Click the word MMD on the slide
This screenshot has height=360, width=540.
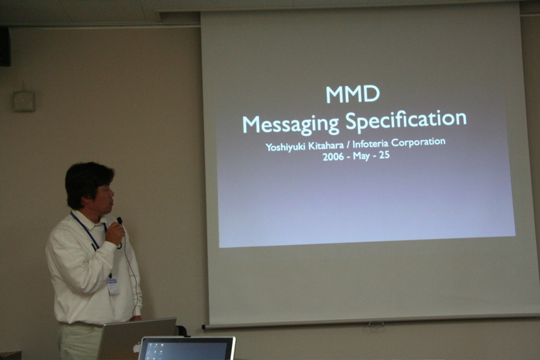pos(353,94)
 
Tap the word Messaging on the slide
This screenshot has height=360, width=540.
pos(290,124)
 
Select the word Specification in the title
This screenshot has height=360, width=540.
pos(406,120)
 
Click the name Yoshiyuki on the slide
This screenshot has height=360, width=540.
pos(285,147)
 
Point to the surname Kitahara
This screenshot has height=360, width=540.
pos(326,146)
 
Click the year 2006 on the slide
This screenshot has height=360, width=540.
pos(333,157)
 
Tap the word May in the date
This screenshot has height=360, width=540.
pos(361,156)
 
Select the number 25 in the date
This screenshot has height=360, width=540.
pos(384,155)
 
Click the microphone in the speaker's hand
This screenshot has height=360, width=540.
pos(120,221)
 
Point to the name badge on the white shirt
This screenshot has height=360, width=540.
pos(113,286)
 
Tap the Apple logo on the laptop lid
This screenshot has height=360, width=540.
pos(136,348)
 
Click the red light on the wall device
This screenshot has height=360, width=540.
pos(23,101)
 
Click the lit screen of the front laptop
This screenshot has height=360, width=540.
pos(186,351)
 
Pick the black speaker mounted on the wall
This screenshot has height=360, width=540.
pos(5,46)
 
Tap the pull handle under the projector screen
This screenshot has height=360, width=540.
pos(376,324)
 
